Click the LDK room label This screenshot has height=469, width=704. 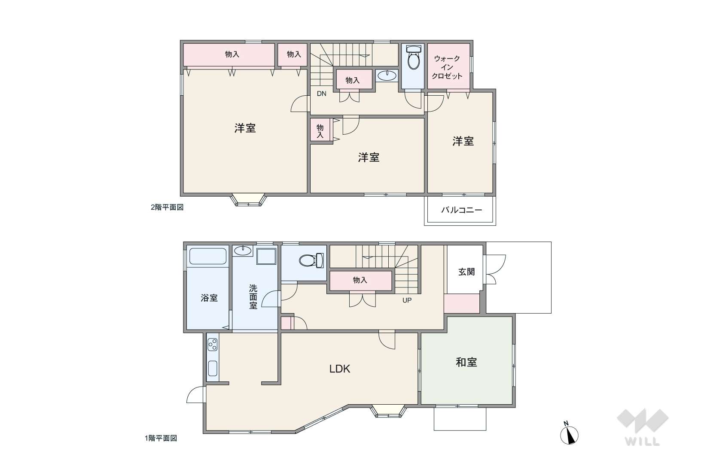point(339,369)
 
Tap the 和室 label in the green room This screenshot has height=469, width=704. point(466,362)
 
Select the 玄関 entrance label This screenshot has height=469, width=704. point(466,272)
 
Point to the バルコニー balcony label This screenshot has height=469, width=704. point(461,210)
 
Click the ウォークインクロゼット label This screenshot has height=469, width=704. point(447,67)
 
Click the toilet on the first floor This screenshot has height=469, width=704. point(311,260)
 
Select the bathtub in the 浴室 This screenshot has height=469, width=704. point(208,257)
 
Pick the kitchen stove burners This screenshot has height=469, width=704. point(213,344)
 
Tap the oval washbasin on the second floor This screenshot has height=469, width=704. point(387,76)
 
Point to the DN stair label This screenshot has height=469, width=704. point(322,94)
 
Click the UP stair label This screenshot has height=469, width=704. point(407,300)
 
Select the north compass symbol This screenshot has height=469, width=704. point(569,434)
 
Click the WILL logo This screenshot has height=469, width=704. point(643,427)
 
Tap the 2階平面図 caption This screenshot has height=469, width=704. point(167,207)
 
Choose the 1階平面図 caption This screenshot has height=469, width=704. point(161,438)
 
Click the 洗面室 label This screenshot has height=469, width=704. point(253,297)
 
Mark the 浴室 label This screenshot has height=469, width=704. point(209,298)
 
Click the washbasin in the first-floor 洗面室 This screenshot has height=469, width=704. point(243,251)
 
